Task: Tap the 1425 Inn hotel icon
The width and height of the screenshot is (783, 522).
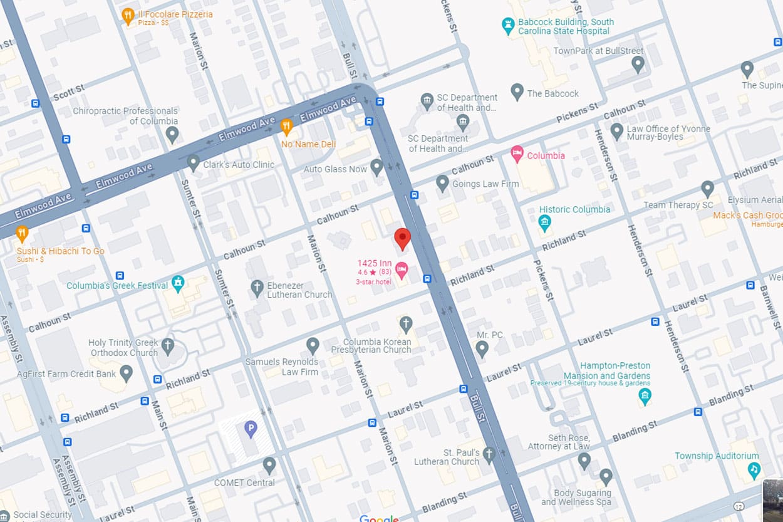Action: click(402, 270)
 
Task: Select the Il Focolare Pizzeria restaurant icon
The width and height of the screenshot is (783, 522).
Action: click(128, 16)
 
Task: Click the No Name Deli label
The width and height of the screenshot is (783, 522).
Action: click(308, 144)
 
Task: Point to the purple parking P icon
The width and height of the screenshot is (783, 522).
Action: click(251, 429)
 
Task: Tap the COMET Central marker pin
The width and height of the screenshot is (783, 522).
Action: click(269, 465)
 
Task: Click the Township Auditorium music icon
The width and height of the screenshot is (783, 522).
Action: click(754, 469)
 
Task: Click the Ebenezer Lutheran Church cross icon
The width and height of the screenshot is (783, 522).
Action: click(257, 288)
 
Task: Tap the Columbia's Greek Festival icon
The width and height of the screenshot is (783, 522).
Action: click(179, 283)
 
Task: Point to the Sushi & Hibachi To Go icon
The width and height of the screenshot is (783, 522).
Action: click(22, 234)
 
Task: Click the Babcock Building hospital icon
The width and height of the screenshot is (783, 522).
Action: click(509, 26)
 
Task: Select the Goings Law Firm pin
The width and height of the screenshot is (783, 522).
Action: click(442, 183)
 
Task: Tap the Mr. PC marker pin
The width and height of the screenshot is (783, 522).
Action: click(482, 348)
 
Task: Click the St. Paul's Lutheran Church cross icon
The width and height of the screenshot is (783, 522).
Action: click(489, 454)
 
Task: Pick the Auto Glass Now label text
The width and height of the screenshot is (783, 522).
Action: click(335, 169)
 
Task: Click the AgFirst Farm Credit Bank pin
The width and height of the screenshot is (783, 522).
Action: click(127, 373)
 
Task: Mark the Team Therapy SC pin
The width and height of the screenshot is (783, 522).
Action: click(707, 188)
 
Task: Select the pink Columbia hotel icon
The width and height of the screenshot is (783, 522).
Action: click(517, 154)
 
